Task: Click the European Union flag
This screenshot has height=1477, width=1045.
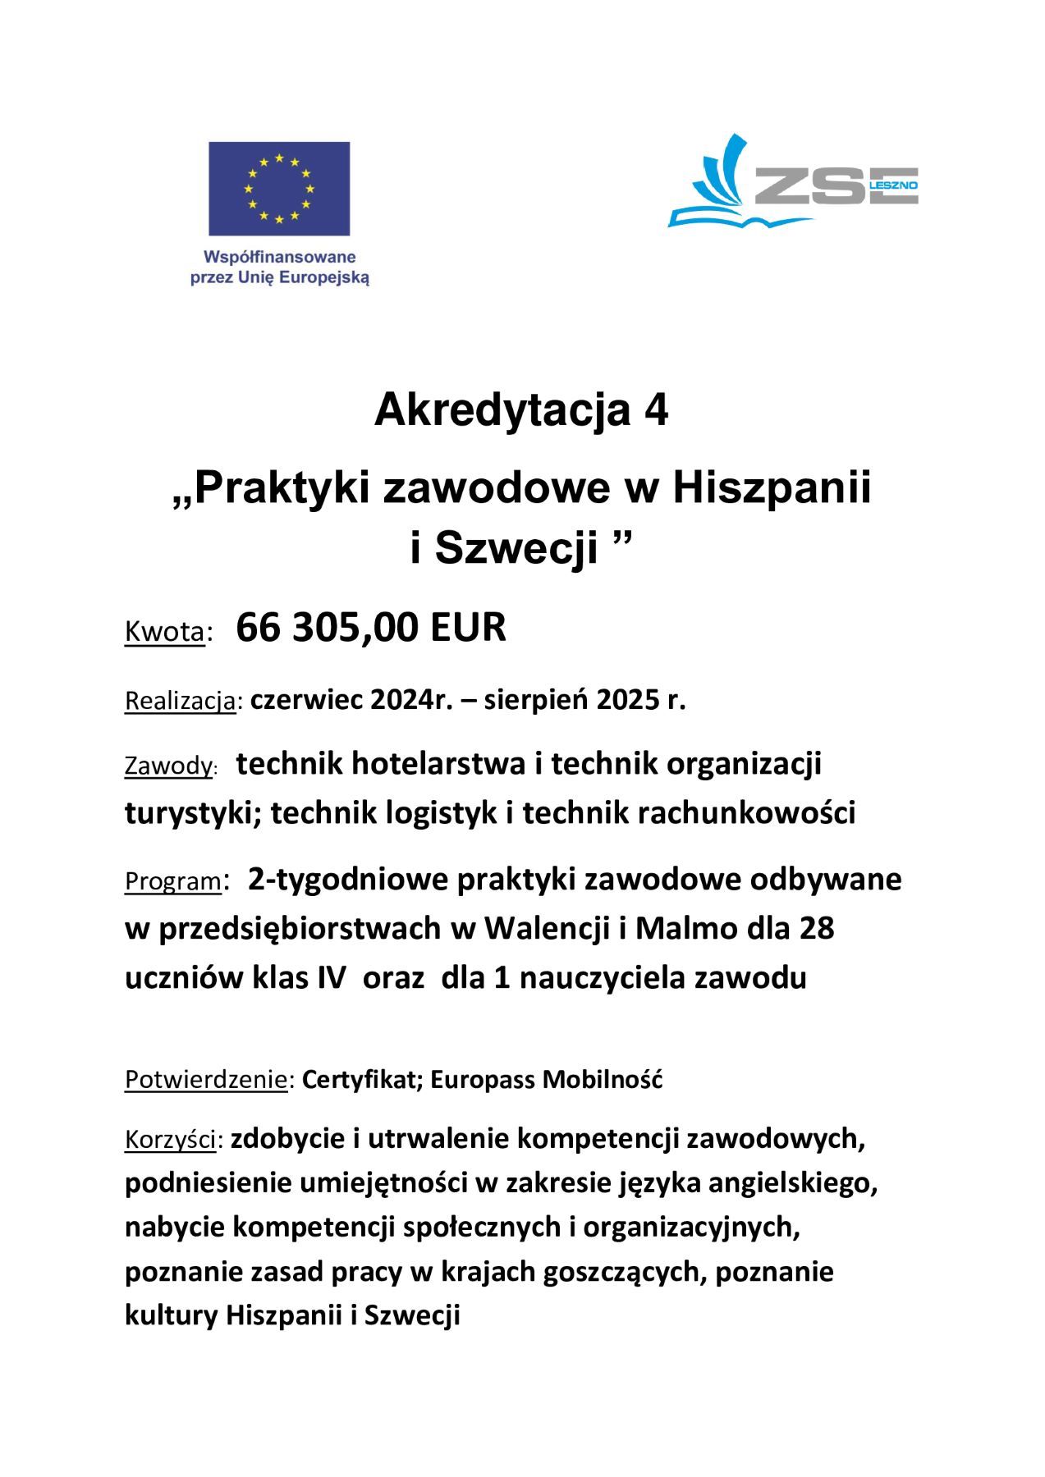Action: coord(279,189)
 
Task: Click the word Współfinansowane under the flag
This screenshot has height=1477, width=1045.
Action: coord(279,258)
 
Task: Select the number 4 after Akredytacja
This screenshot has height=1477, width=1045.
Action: coord(656,410)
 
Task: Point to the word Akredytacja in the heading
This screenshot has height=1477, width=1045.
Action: coord(502,410)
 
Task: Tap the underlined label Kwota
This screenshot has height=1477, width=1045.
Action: coord(164,632)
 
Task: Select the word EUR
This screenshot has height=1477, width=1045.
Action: coord(468,628)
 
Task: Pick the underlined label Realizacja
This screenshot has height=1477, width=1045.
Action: coord(180,702)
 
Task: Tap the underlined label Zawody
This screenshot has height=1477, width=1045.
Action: coord(168,766)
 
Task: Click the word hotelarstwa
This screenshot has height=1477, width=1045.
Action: coord(439,764)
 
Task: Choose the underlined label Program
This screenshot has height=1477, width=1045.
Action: coord(172,881)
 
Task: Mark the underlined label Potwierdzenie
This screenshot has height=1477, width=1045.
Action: coord(205,1080)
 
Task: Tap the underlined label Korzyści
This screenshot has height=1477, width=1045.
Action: coord(171,1141)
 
